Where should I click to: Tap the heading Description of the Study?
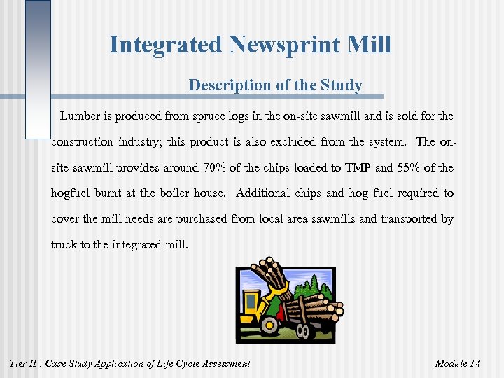(275, 85)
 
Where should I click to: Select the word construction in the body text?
(82, 141)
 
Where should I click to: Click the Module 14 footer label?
(457, 363)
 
